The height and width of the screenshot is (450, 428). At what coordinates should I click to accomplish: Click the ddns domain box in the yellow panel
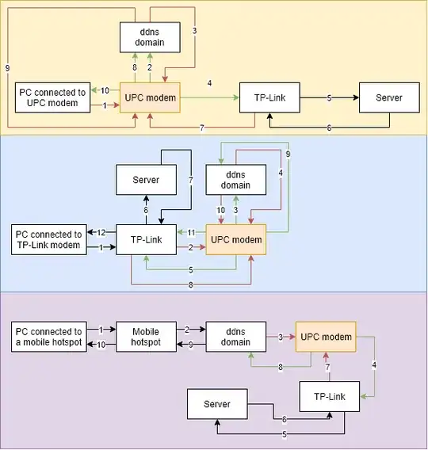(x=148, y=36)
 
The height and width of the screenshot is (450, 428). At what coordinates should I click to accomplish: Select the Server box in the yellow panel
(x=388, y=98)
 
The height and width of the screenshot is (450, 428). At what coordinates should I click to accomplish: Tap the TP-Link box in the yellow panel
(x=269, y=98)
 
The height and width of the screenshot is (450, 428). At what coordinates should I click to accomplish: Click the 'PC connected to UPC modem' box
(x=48, y=98)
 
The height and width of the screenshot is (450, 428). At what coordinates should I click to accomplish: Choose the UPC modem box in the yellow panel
(x=149, y=98)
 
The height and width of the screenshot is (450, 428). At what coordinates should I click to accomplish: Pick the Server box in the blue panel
(x=145, y=180)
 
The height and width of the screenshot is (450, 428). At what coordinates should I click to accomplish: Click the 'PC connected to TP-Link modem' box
(x=48, y=239)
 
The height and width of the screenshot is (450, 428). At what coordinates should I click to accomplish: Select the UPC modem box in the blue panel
(x=235, y=239)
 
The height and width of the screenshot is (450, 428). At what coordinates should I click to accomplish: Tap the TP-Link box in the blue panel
(x=145, y=239)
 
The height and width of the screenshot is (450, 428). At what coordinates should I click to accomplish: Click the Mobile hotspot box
(x=145, y=337)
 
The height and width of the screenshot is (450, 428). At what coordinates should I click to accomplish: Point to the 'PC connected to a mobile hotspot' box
(x=48, y=337)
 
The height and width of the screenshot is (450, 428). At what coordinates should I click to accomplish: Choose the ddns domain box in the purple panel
(x=235, y=337)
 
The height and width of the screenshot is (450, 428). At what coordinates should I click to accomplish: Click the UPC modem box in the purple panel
(x=325, y=337)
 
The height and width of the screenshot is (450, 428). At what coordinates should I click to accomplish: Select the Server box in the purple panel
(x=216, y=404)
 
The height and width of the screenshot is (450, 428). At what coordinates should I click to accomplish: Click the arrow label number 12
(x=101, y=232)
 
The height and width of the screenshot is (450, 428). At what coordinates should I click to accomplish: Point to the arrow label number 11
(x=191, y=232)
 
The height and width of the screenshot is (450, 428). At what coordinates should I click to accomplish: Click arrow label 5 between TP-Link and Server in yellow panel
(x=329, y=98)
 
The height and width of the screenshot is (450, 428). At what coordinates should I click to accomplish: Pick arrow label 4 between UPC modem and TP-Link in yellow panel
(x=209, y=83)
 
